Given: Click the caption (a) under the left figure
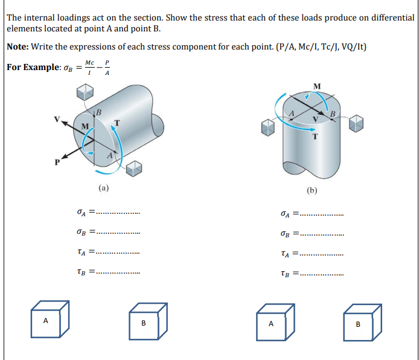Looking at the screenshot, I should [104, 188].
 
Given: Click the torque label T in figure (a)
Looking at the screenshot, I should [118, 123].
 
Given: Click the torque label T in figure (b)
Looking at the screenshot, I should [315, 135].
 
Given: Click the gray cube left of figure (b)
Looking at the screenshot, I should [267, 127].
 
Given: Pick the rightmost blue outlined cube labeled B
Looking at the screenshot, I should [361, 320].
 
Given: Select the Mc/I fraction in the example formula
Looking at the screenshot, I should [89, 66].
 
